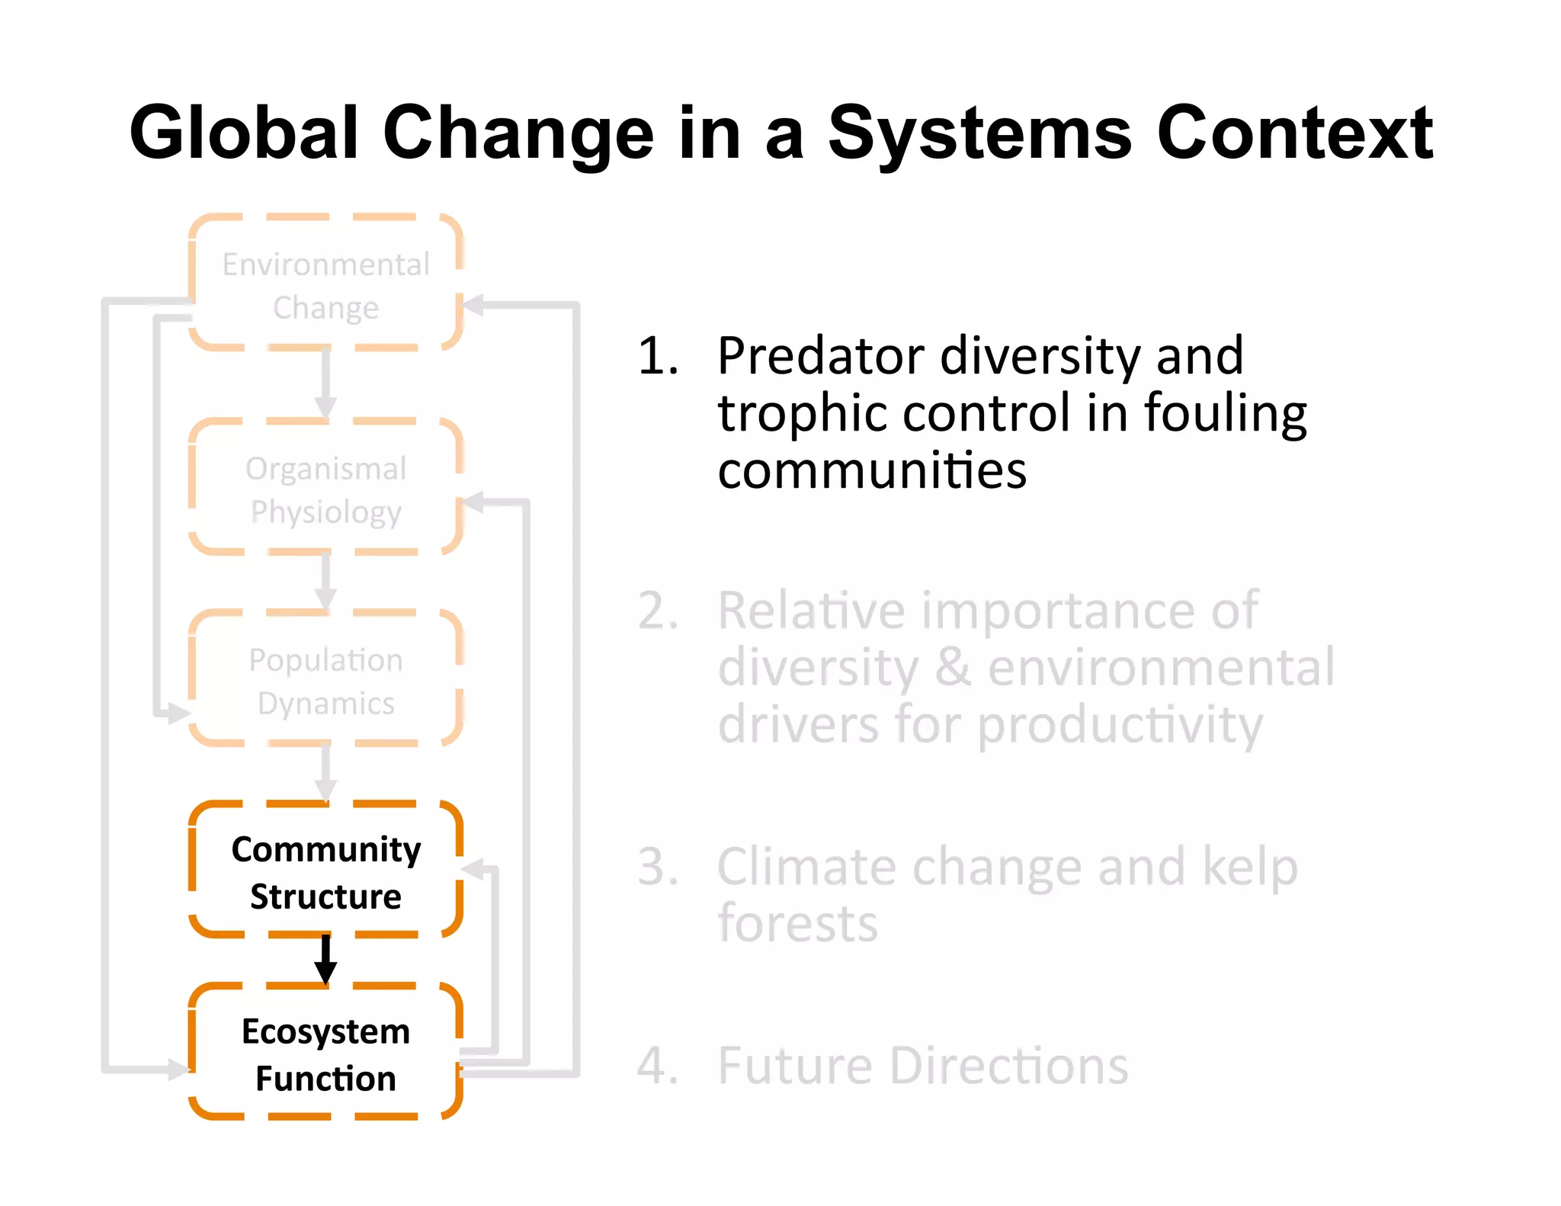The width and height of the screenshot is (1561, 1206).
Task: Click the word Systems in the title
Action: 980,133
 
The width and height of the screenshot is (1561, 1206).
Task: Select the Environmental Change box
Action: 325,284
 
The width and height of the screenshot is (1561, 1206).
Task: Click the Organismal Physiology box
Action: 325,489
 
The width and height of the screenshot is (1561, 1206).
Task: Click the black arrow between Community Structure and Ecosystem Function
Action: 325,960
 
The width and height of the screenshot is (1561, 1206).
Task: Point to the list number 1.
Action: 657,357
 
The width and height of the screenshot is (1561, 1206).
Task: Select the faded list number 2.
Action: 657,611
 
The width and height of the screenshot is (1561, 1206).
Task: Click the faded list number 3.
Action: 657,868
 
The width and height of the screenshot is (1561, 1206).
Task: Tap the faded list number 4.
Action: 657,1066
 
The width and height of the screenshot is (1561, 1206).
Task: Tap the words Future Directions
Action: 922,1066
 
